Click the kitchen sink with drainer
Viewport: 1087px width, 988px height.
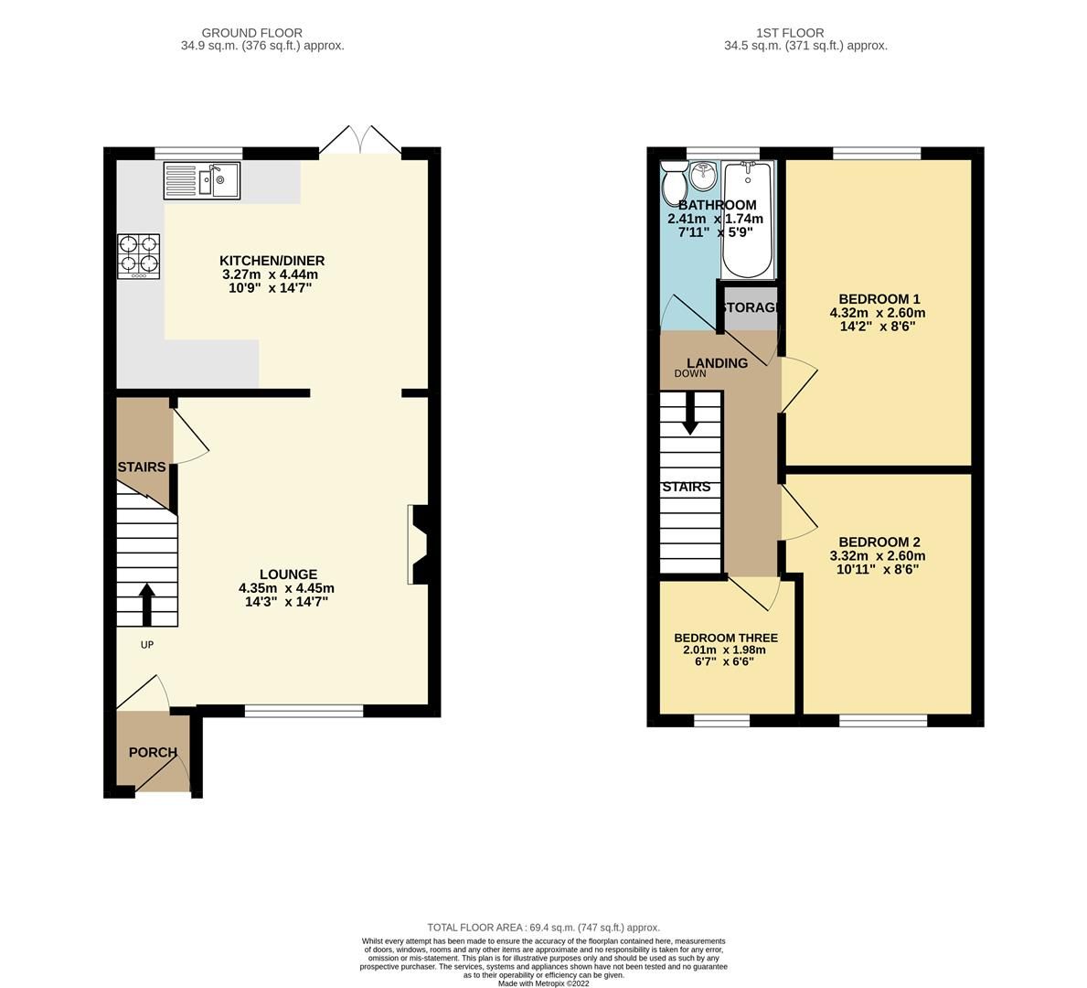pos(201,180)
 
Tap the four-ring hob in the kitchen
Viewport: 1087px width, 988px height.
pos(138,256)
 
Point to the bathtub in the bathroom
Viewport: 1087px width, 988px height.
pos(748,220)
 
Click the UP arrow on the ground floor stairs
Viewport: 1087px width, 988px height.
pos(146,603)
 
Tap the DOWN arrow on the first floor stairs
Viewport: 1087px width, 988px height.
pos(689,413)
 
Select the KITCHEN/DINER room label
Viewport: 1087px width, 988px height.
pos(273,261)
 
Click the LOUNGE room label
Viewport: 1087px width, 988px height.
pos(287,575)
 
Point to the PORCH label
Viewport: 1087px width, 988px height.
pos(153,752)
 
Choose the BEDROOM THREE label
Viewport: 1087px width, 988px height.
pos(726,638)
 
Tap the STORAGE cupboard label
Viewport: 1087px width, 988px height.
pos(750,307)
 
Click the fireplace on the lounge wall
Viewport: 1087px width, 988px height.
pos(419,544)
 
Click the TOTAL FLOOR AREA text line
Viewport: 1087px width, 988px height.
pos(543,927)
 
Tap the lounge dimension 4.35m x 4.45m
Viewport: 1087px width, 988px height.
pos(286,588)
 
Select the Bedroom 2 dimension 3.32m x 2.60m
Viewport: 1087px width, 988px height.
pos(878,555)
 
